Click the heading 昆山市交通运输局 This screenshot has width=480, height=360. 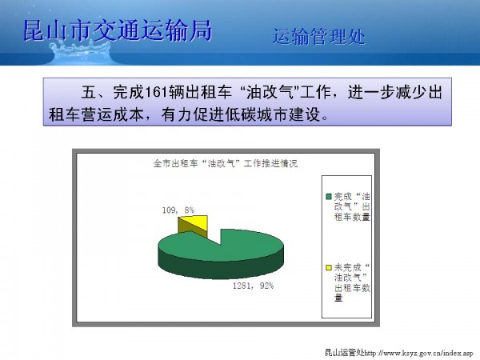pos(118,30)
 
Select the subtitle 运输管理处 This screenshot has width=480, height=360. pos(319,37)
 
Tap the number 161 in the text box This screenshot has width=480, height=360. pos(156,93)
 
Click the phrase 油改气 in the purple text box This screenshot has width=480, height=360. pos(270,93)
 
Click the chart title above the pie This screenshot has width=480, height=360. pos(226,163)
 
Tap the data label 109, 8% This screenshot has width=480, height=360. pos(178,210)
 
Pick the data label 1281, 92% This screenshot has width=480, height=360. pos(253,286)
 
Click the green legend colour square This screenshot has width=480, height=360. pos(329,197)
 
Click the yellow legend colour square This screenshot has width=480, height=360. pos(329,267)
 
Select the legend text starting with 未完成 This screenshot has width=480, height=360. pos(352,282)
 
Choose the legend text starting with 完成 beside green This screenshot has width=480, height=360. pos(352,206)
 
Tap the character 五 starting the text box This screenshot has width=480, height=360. pos(89,93)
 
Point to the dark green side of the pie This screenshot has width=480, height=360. pos(221,270)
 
